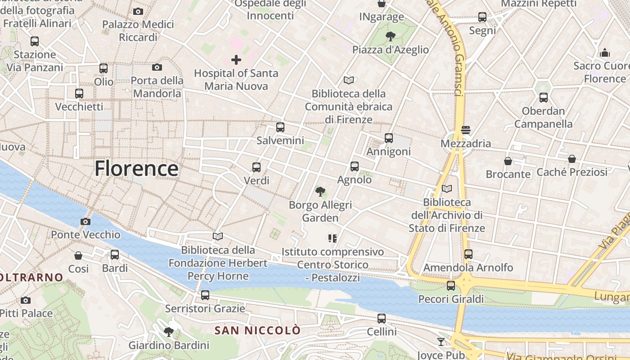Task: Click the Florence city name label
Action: tap(136, 169)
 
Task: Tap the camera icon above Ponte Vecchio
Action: tap(85, 221)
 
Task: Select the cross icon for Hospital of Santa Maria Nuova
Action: tap(236, 59)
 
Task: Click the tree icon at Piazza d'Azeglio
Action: tap(390, 36)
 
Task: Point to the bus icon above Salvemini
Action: tap(280, 127)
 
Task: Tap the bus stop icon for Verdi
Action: tap(256, 167)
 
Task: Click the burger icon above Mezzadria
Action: tap(466, 130)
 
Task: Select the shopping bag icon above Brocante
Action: tap(508, 161)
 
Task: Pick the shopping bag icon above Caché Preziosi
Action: tap(571, 159)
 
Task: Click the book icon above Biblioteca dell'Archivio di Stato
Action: tap(446, 189)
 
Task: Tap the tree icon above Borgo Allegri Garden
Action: tap(320, 192)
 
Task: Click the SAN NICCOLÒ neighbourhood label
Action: tap(257, 331)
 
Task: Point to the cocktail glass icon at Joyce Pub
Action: tap(441, 342)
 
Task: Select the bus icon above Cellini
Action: tap(382, 319)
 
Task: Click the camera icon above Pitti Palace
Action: tap(26, 300)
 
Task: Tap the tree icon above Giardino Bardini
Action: tap(169, 332)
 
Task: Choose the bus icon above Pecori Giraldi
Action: tap(451, 286)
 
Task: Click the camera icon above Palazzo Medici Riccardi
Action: tap(138, 11)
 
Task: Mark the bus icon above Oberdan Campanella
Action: tap(544, 97)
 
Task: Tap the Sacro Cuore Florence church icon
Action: tap(605, 53)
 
